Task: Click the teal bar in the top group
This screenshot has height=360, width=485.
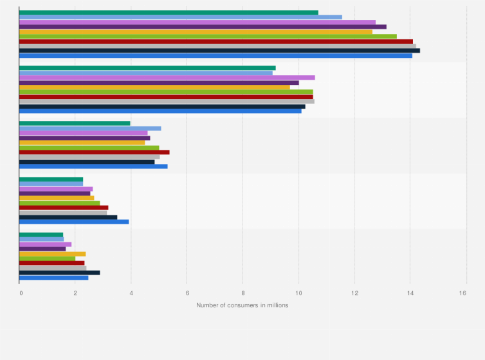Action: pos(169,12)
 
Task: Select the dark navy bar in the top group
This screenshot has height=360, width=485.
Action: pos(219,50)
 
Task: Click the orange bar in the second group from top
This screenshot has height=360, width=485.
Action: pos(154,87)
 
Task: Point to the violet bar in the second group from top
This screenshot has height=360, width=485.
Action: pos(167,77)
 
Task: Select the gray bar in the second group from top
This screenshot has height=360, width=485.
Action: pos(167,101)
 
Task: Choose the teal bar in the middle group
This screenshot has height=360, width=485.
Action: pos(75,123)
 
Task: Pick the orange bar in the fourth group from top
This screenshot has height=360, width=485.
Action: pos(57,198)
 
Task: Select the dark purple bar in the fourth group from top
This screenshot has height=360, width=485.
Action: pos(55,193)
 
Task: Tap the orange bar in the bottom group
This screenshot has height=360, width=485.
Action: pos(52,253)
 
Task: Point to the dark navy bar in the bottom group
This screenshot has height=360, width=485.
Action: pos(59,273)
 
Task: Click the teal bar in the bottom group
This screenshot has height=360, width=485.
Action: pos(41,234)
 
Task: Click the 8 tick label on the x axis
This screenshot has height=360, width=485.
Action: pos(243,293)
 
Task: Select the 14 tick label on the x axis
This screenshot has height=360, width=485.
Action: pos(410,293)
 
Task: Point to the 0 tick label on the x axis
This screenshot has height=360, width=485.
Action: pos(21,293)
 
